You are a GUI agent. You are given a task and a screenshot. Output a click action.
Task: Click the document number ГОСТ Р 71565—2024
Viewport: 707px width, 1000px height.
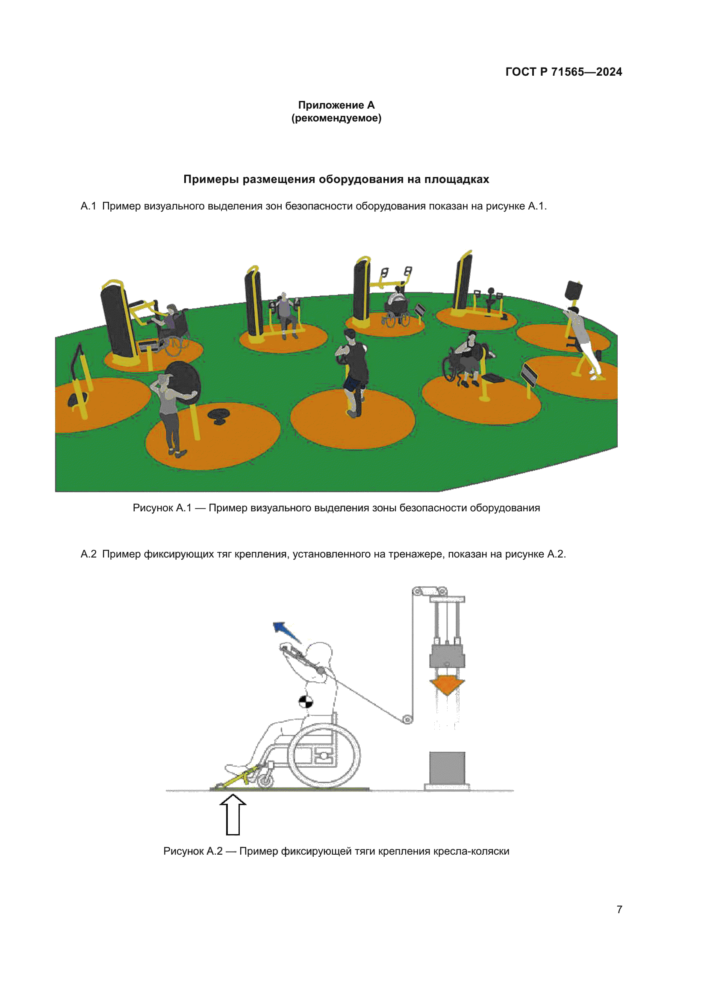pyautogui.click(x=563, y=72)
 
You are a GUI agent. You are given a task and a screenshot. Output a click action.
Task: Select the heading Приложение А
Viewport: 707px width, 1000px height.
pyautogui.click(x=336, y=105)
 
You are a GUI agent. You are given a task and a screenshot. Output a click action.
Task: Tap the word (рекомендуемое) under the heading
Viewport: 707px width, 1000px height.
pyautogui.click(x=336, y=118)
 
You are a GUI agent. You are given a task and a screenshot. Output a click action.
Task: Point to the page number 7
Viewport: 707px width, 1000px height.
pyautogui.click(x=619, y=909)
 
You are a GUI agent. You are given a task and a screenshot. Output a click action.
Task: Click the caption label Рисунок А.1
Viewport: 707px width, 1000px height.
pyautogui.click(x=162, y=508)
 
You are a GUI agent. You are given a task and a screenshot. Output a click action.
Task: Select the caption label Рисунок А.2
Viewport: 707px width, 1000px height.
pyautogui.click(x=192, y=851)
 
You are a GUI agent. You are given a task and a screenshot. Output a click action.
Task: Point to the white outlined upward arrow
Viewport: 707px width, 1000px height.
pyautogui.click(x=233, y=814)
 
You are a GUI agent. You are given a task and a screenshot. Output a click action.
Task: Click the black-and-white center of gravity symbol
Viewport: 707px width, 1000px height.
pyautogui.click(x=306, y=702)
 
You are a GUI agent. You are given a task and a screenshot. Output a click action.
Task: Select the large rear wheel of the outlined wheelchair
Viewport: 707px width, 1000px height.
pyautogui.click(x=324, y=755)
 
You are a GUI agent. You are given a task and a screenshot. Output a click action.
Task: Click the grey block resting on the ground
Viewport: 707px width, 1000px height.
pyautogui.click(x=447, y=768)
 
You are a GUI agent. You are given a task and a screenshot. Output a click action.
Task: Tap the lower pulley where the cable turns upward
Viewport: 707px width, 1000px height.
pyautogui.click(x=407, y=720)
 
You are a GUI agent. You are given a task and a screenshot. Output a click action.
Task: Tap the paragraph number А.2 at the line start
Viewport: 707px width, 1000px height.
pyautogui.click(x=88, y=554)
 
